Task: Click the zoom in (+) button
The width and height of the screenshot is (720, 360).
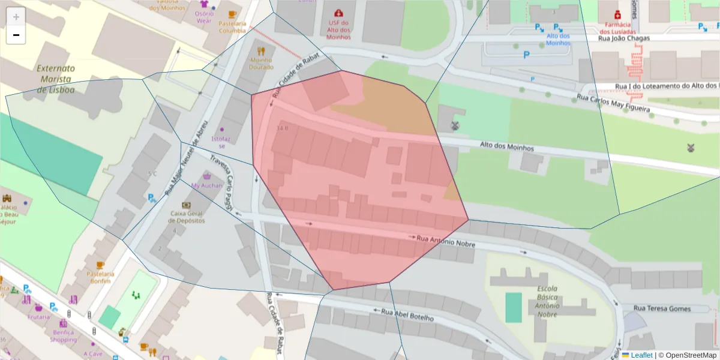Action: pyautogui.click(x=16, y=17)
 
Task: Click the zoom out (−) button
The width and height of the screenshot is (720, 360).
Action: pyautogui.click(x=16, y=35)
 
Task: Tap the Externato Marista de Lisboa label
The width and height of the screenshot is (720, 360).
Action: pyautogui.click(x=56, y=79)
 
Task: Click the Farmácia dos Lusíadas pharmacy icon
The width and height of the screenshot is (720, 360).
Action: pyautogui.click(x=617, y=14)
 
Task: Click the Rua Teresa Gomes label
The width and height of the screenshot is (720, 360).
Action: pyautogui.click(x=662, y=308)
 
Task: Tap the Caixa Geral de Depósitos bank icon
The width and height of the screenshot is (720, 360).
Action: pyautogui.click(x=186, y=205)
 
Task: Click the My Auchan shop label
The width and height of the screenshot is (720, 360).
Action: pyautogui.click(x=206, y=186)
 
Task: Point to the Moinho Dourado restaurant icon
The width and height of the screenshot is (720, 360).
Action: pyautogui.click(x=260, y=51)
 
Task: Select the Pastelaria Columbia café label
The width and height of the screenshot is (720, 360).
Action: pyautogui.click(x=232, y=27)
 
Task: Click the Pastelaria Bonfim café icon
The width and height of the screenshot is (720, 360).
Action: pyautogui.click(x=100, y=265)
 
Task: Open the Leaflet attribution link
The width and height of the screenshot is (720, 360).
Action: pyautogui.click(x=641, y=355)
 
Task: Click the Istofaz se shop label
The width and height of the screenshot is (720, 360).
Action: pyautogui.click(x=221, y=142)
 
